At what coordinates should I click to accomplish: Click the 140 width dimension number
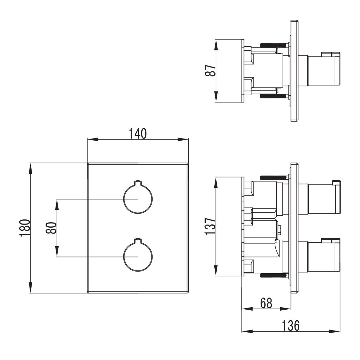[137, 134]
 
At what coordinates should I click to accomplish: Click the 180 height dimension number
[25, 228]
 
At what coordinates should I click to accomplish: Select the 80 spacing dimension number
[51, 228]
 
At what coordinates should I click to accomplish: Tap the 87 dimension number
[210, 70]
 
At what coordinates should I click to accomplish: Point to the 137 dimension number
[210, 226]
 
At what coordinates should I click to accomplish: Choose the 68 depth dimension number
[266, 303]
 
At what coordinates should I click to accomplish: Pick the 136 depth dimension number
[291, 325]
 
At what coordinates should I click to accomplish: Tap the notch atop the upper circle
[138, 182]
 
